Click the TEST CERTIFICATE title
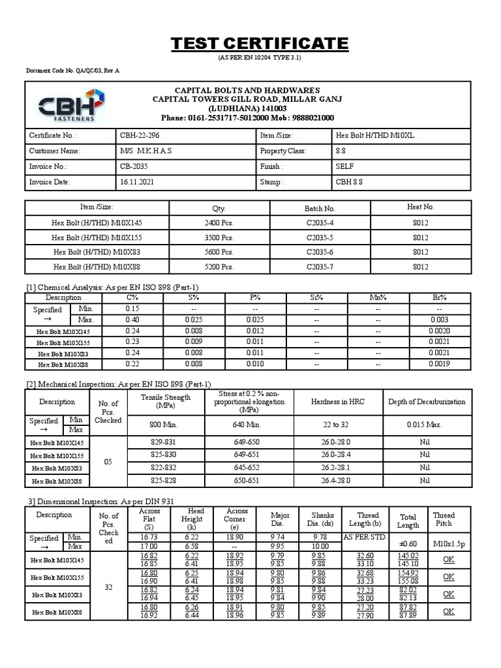coord(260,44)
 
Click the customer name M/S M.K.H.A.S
coord(145,151)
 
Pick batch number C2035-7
coord(320,267)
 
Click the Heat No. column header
coord(420,207)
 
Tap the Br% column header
coord(439,297)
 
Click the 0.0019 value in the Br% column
coord(439,364)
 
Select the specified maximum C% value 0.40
coord(133,320)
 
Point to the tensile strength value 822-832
coord(164,467)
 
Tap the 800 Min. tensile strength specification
coord(164,425)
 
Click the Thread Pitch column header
coord(444,519)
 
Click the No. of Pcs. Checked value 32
coord(108,587)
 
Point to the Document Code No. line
coord(72,70)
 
